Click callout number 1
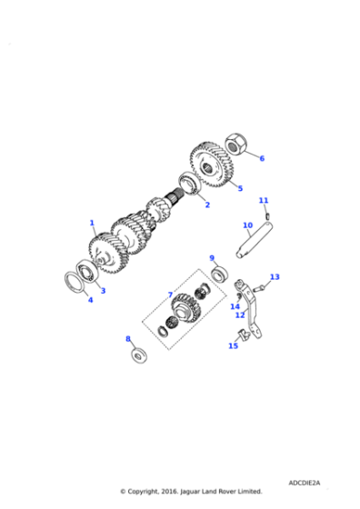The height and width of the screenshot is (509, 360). (x=92, y=222)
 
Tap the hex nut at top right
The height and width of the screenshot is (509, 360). (x=234, y=143)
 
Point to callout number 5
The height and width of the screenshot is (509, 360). (x=240, y=188)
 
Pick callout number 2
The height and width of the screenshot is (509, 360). (x=206, y=205)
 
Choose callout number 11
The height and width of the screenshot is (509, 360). (x=264, y=200)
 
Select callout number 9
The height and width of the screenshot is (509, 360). (x=212, y=258)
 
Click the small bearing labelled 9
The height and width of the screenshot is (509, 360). (x=219, y=273)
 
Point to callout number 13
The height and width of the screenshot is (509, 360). (x=275, y=276)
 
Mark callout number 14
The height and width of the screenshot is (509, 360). (x=235, y=306)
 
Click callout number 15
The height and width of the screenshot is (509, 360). (x=233, y=345)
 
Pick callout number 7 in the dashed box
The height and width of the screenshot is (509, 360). (x=169, y=294)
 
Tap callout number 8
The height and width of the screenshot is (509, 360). (x=128, y=339)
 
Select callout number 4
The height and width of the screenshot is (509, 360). (x=89, y=300)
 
